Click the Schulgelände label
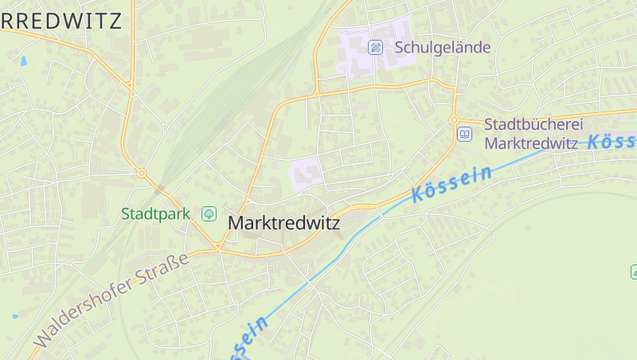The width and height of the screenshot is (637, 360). click(443, 48)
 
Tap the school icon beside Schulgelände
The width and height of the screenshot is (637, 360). click(375, 48)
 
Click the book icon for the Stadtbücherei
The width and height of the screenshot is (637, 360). click(464, 135)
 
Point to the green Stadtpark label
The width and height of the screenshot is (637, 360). click(155, 213)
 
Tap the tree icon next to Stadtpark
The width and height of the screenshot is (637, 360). click(209, 213)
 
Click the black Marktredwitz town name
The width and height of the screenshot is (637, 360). click(283, 224)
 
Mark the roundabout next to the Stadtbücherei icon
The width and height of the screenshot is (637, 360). click(454, 120)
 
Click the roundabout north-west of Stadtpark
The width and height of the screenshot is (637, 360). click(142, 173)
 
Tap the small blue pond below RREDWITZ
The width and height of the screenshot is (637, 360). click(23, 61)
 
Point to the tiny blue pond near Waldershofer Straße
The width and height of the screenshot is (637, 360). click(14, 316)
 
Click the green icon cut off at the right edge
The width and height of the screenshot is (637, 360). click(633, 272)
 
